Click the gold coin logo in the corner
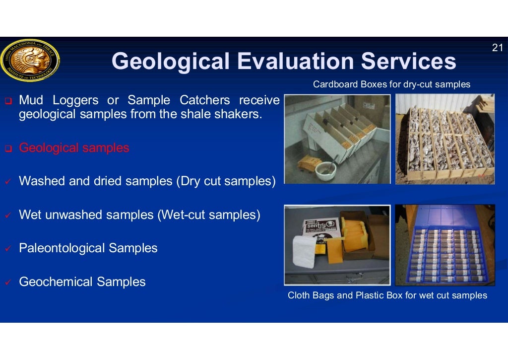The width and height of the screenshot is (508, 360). [x=30, y=61]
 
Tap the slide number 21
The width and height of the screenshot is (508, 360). [x=497, y=48]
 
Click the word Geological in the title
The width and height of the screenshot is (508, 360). [x=170, y=62]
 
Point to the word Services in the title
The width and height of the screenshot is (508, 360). [x=408, y=62]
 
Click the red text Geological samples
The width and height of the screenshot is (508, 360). [x=74, y=148]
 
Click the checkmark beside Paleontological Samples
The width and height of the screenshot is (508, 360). [x=8, y=249]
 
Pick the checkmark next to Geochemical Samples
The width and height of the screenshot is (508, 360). [x=8, y=283]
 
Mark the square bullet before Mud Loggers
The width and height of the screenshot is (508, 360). [x=8, y=101]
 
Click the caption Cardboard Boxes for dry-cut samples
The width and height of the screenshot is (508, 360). [x=391, y=84]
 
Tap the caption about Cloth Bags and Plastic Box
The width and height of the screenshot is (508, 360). [x=387, y=295]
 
